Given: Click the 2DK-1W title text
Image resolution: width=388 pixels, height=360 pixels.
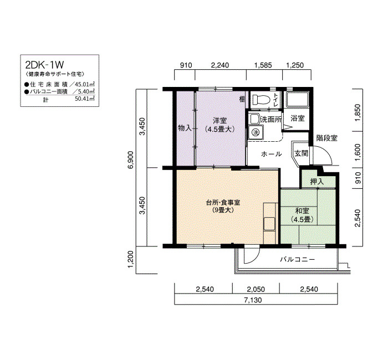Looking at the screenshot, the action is pyautogui.click(x=44, y=65).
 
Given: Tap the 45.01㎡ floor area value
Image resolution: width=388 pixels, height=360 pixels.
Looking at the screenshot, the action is pyautogui.click(x=85, y=84).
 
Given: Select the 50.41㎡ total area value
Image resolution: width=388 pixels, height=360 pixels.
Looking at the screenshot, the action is pyautogui.click(x=85, y=99).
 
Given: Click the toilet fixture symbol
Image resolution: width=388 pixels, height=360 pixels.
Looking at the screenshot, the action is pyautogui.click(x=260, y=100).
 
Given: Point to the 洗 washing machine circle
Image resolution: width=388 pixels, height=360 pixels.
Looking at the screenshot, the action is pyautogui.click(x=255, y=132).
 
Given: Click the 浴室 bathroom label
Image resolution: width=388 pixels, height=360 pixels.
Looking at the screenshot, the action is pyautogui.click(x=298, y=118).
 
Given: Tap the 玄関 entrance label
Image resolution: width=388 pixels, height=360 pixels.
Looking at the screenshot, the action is pyautogui.click(x=301, y=153).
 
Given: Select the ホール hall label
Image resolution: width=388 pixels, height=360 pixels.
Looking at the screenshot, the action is pyautogui.click(x=272, y=154).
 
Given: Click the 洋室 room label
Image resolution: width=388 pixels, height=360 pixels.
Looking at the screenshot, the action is pyautogui.click(x=219, y=121).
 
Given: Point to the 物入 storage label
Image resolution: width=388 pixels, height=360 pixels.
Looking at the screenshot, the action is pyautogui.click(x=185, y=128).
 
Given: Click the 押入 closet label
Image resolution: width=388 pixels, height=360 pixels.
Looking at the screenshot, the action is pyautogui.click(x=317, y=182).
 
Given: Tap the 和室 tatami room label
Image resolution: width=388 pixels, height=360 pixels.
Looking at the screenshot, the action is pyautogui.click(x=302, y=211).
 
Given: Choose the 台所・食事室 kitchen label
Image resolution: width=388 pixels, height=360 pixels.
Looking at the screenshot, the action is pyautogui.click(x=223, y=203).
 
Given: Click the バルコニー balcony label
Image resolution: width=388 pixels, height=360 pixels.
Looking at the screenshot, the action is pyautogui.click(x=298, y=259).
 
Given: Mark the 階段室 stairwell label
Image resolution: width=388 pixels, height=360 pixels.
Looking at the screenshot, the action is pyautogui.click(x=326, y=138).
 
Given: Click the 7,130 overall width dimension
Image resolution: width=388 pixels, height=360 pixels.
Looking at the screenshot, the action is pyautogui.click(x=253, y=300).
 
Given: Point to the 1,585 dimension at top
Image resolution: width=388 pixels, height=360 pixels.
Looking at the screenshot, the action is pyautogui.click(x=263, y=65).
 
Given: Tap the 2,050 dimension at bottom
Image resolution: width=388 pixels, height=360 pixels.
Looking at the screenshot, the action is pyautogui.click(x=256, y=289).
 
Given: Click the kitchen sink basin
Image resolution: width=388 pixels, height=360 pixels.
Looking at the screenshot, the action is pyautogui.click(x=269, y=224).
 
